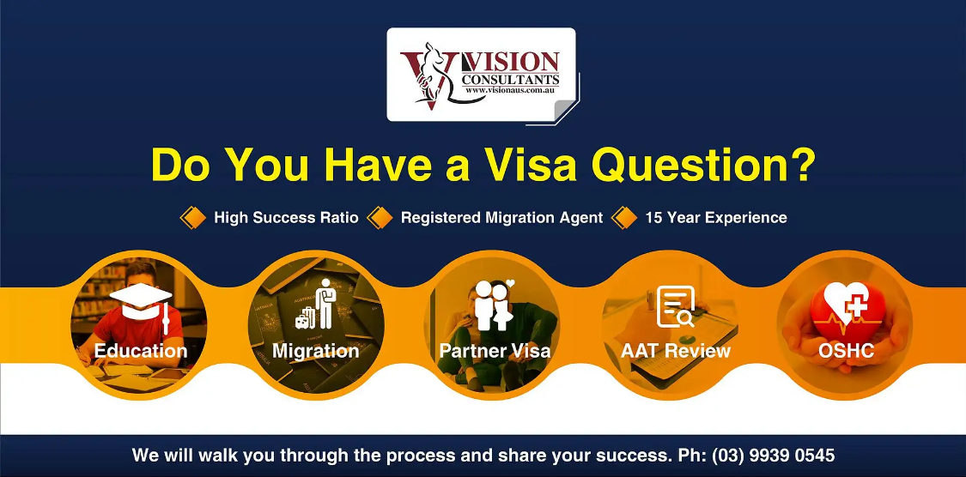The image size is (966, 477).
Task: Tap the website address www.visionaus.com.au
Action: (x=511, y=90)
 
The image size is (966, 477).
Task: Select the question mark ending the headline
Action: (x=802, y=165)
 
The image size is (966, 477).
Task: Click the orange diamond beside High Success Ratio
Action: (x=193, y=218)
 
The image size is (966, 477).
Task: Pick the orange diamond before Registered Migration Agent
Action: (x=380, y=218)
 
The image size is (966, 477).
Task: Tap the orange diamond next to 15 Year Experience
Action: (x=624, y=218)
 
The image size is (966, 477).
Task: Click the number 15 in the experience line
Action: (x=653, y=218)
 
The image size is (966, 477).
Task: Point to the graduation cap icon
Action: (x=141, y=304)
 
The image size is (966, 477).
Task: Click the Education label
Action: (x=141, y=351)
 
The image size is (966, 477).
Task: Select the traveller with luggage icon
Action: (x=315, y=305)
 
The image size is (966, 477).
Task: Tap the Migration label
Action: (x=315, y=352)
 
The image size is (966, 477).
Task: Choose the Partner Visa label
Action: (x=495, y=351)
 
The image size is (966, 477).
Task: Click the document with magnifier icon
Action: (x=675, y=306)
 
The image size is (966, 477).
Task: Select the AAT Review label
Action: (x=675, y=351)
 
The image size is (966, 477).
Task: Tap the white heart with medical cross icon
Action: (x=846, y=304)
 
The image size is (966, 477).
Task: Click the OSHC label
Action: (x=846, y=351)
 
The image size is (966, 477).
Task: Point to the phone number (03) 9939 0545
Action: (x=773, y=456)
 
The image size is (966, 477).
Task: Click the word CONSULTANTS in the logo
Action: (x=511, y=79)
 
